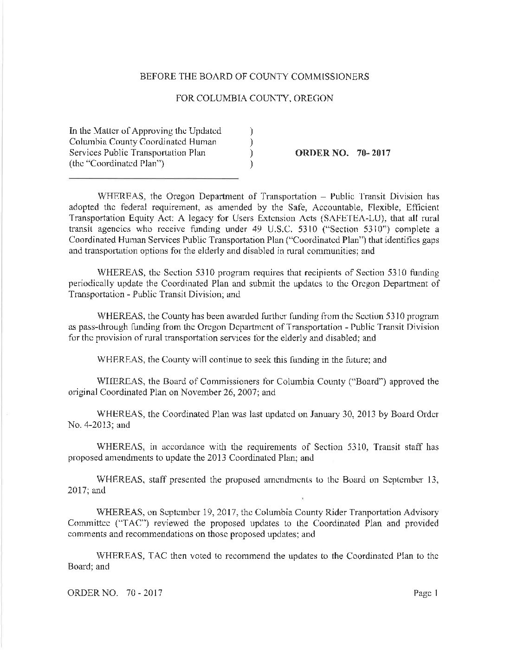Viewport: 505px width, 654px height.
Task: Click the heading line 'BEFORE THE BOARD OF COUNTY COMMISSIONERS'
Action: [x=255, y=77]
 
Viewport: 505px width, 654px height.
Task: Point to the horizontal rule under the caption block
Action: [x=153, y=178]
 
